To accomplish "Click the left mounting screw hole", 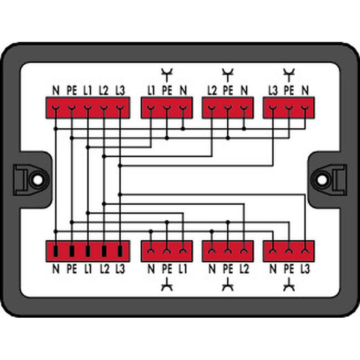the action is (38, 180).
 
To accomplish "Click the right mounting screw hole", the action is (322, 180).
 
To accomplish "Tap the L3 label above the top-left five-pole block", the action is (120, 90).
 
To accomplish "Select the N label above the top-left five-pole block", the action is (56, 90).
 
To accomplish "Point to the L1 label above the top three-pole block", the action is (151, 90).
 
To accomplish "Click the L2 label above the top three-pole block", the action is (212, 90).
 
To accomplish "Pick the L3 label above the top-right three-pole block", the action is (273, 90).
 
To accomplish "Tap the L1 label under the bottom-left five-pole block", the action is (88, 269).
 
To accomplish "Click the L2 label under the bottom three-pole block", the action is (244, 269).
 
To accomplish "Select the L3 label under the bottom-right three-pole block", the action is (305, 269).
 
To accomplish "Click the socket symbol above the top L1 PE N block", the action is (167, 74).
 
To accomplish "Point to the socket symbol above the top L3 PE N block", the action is (289, 74).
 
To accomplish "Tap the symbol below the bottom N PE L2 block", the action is (228, 285).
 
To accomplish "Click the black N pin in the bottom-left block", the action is (56, 251).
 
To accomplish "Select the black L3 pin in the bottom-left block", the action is (120, 251).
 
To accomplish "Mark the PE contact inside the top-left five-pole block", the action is (72, 108).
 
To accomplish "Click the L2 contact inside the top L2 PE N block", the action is (212, 108).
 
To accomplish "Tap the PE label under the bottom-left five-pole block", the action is (72, 269).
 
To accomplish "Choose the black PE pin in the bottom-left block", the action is (72, 251).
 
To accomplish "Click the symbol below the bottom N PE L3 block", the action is (289, 285).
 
